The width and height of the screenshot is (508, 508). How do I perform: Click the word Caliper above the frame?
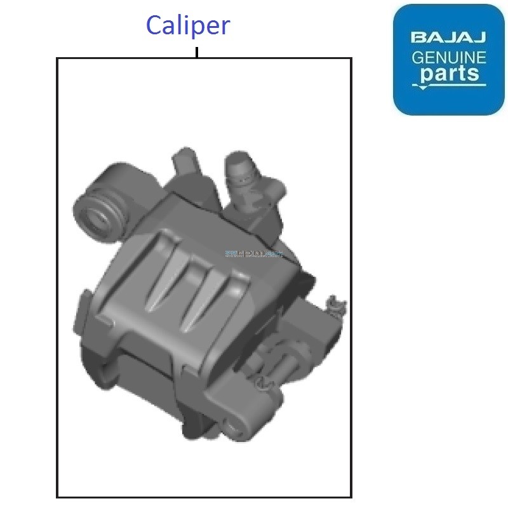click(187, 25)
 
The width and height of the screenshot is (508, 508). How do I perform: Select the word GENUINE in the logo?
click(448, 58)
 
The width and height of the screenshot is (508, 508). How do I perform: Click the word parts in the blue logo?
click(449, 74)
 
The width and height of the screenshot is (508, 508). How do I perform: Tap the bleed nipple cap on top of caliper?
click(240, 168)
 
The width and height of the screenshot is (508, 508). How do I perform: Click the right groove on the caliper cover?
click(219, 298)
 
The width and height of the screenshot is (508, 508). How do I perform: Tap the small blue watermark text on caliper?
click(253, 254)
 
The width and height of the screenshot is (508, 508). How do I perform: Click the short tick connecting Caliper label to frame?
click(197, 52)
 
